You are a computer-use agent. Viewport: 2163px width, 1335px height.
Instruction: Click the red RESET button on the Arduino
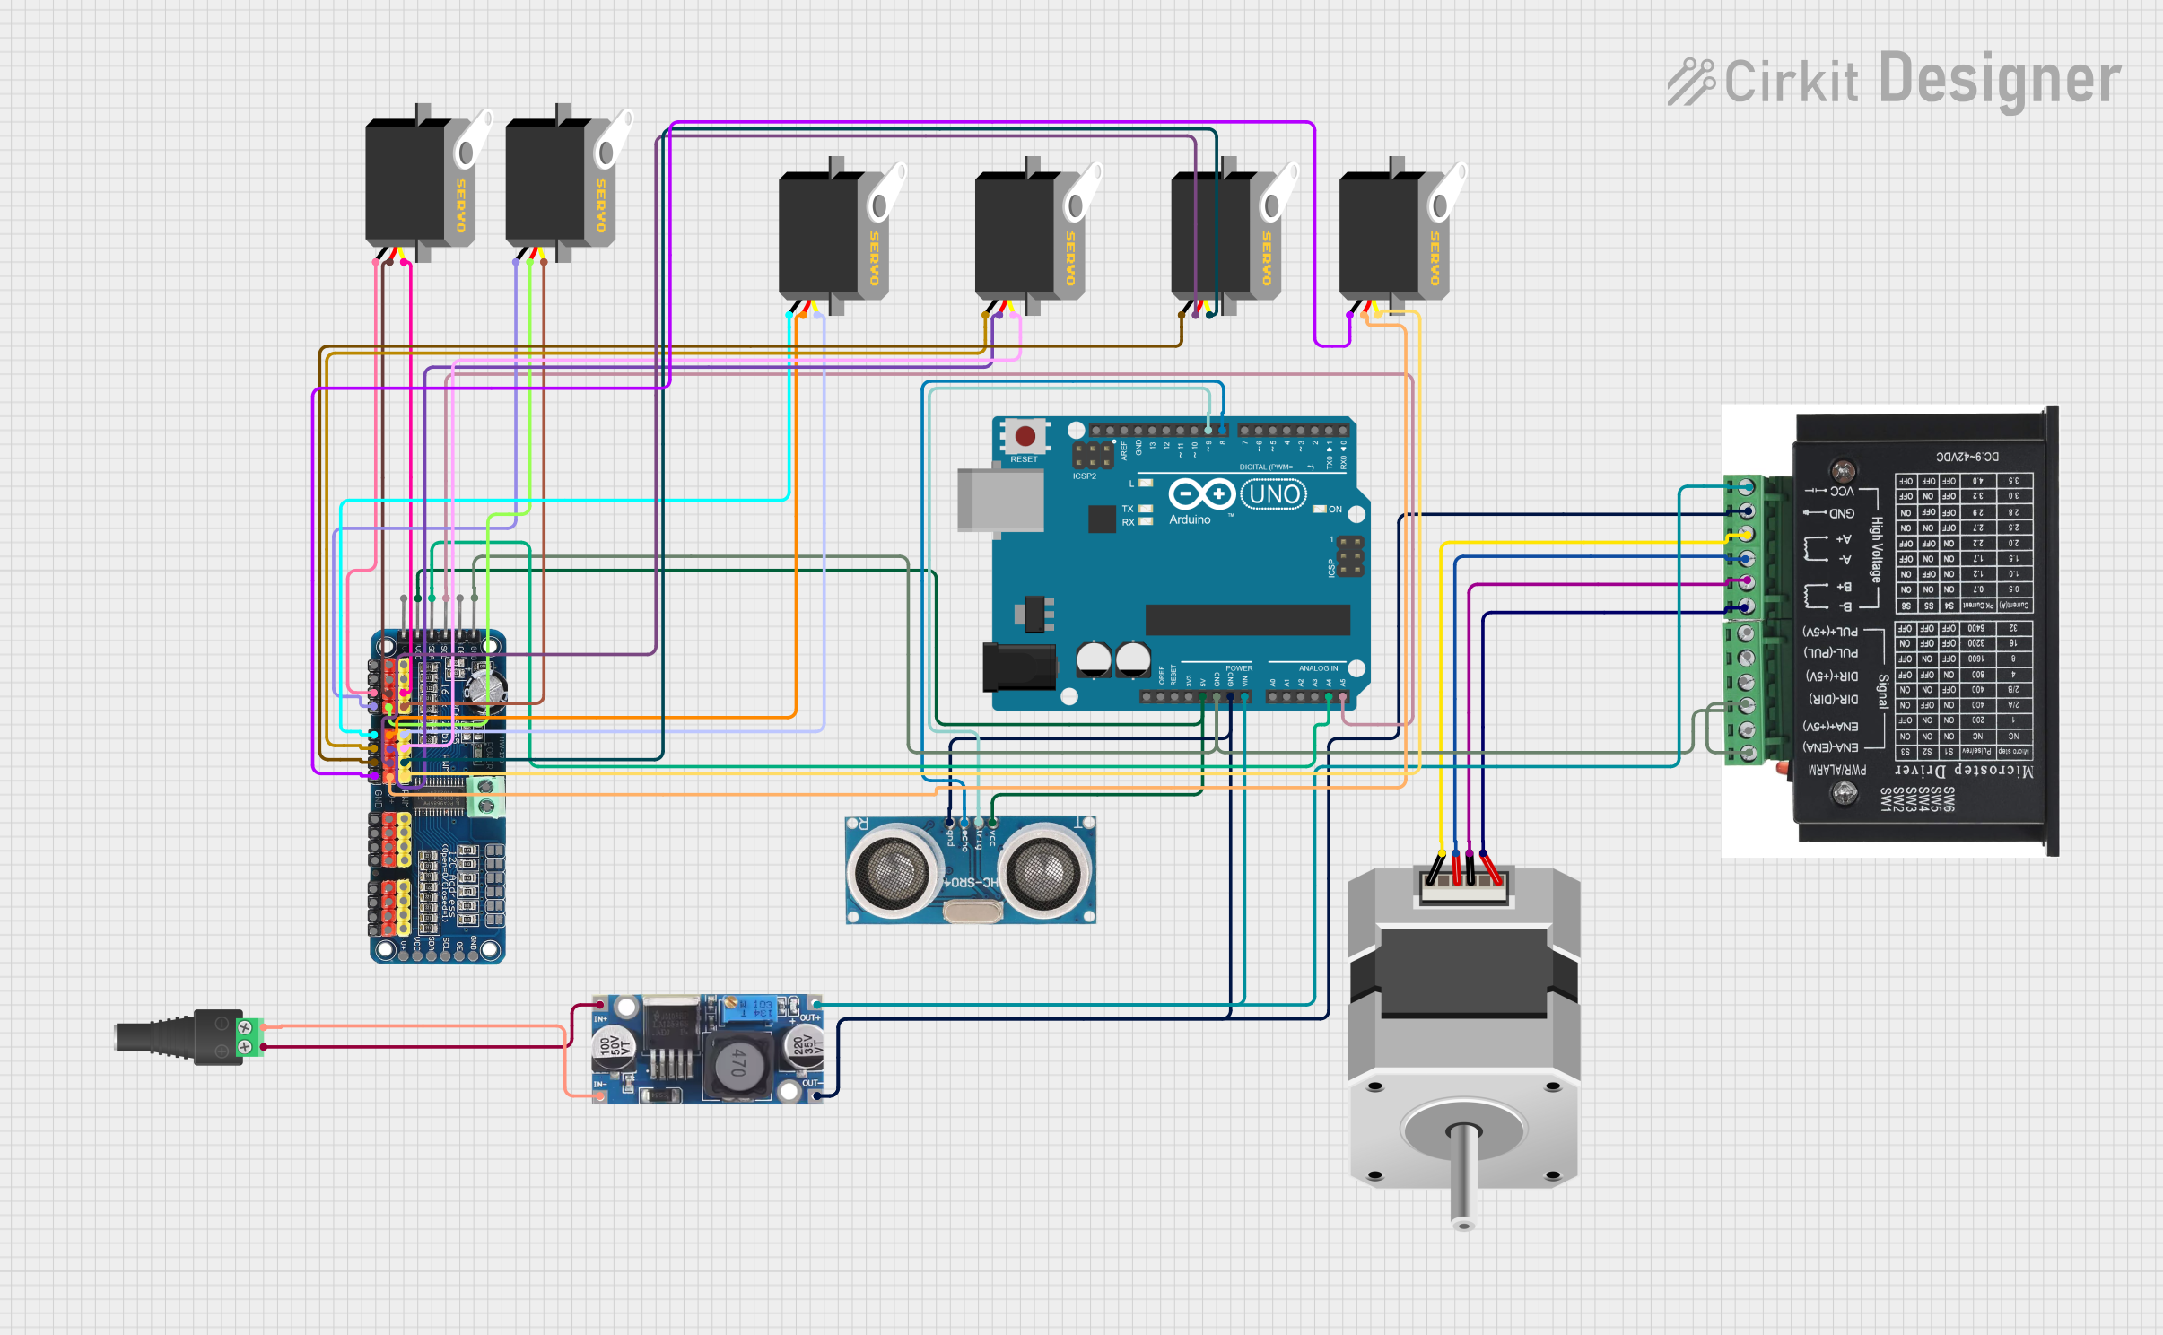click(1025, 437)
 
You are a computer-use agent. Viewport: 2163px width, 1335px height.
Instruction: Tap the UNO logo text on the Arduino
click(1274, 494)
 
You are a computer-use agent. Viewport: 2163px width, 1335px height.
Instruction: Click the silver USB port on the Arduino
click(999, 500)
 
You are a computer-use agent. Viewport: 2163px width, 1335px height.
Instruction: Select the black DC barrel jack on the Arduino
click(1019, 667)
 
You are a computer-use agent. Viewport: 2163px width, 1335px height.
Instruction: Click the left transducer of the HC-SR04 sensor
click(892, 870)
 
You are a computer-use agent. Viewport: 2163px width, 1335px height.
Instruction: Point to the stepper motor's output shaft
click(1463, 1175)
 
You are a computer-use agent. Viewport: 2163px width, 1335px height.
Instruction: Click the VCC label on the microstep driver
click(1841, 491)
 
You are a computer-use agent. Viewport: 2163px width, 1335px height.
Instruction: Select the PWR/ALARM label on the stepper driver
click(1836, 770)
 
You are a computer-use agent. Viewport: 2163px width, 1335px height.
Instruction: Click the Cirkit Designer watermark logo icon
click(1690, 82)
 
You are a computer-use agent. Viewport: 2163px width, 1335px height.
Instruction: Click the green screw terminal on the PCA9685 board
click(485, 797)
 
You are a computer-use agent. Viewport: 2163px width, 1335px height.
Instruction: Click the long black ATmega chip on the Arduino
click(1247, 620)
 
